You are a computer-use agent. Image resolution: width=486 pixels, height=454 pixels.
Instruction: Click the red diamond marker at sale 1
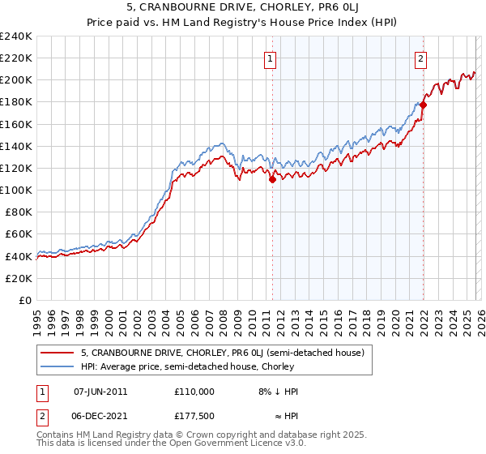[272, 180]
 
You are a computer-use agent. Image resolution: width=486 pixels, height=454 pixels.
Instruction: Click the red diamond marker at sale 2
[423, 105]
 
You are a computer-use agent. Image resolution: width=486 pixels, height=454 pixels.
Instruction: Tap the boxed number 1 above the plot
[269, 58]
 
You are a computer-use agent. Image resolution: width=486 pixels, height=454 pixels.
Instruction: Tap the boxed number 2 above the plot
[421, 58]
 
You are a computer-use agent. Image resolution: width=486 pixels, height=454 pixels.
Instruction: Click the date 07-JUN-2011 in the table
[100, 391]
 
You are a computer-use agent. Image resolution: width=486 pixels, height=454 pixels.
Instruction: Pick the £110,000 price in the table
[194, 391]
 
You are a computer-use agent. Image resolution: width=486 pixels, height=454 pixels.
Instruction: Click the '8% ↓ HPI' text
[276, 391]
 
